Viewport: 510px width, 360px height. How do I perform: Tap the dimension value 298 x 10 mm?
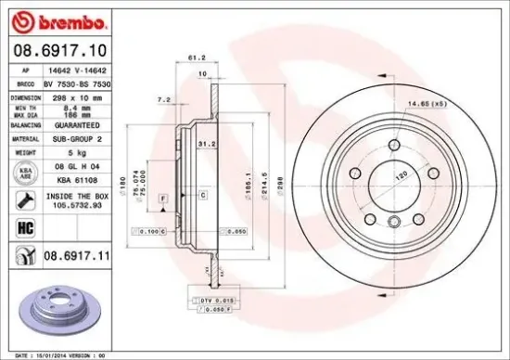[x=73, y=96]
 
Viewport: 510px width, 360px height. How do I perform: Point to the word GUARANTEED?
[x=76, y=123]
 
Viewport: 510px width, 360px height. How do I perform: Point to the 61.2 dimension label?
[x=196, y=58]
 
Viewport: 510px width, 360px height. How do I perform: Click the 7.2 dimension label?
[x=163, y=98]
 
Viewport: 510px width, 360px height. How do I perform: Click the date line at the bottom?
[x=56, y=354]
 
